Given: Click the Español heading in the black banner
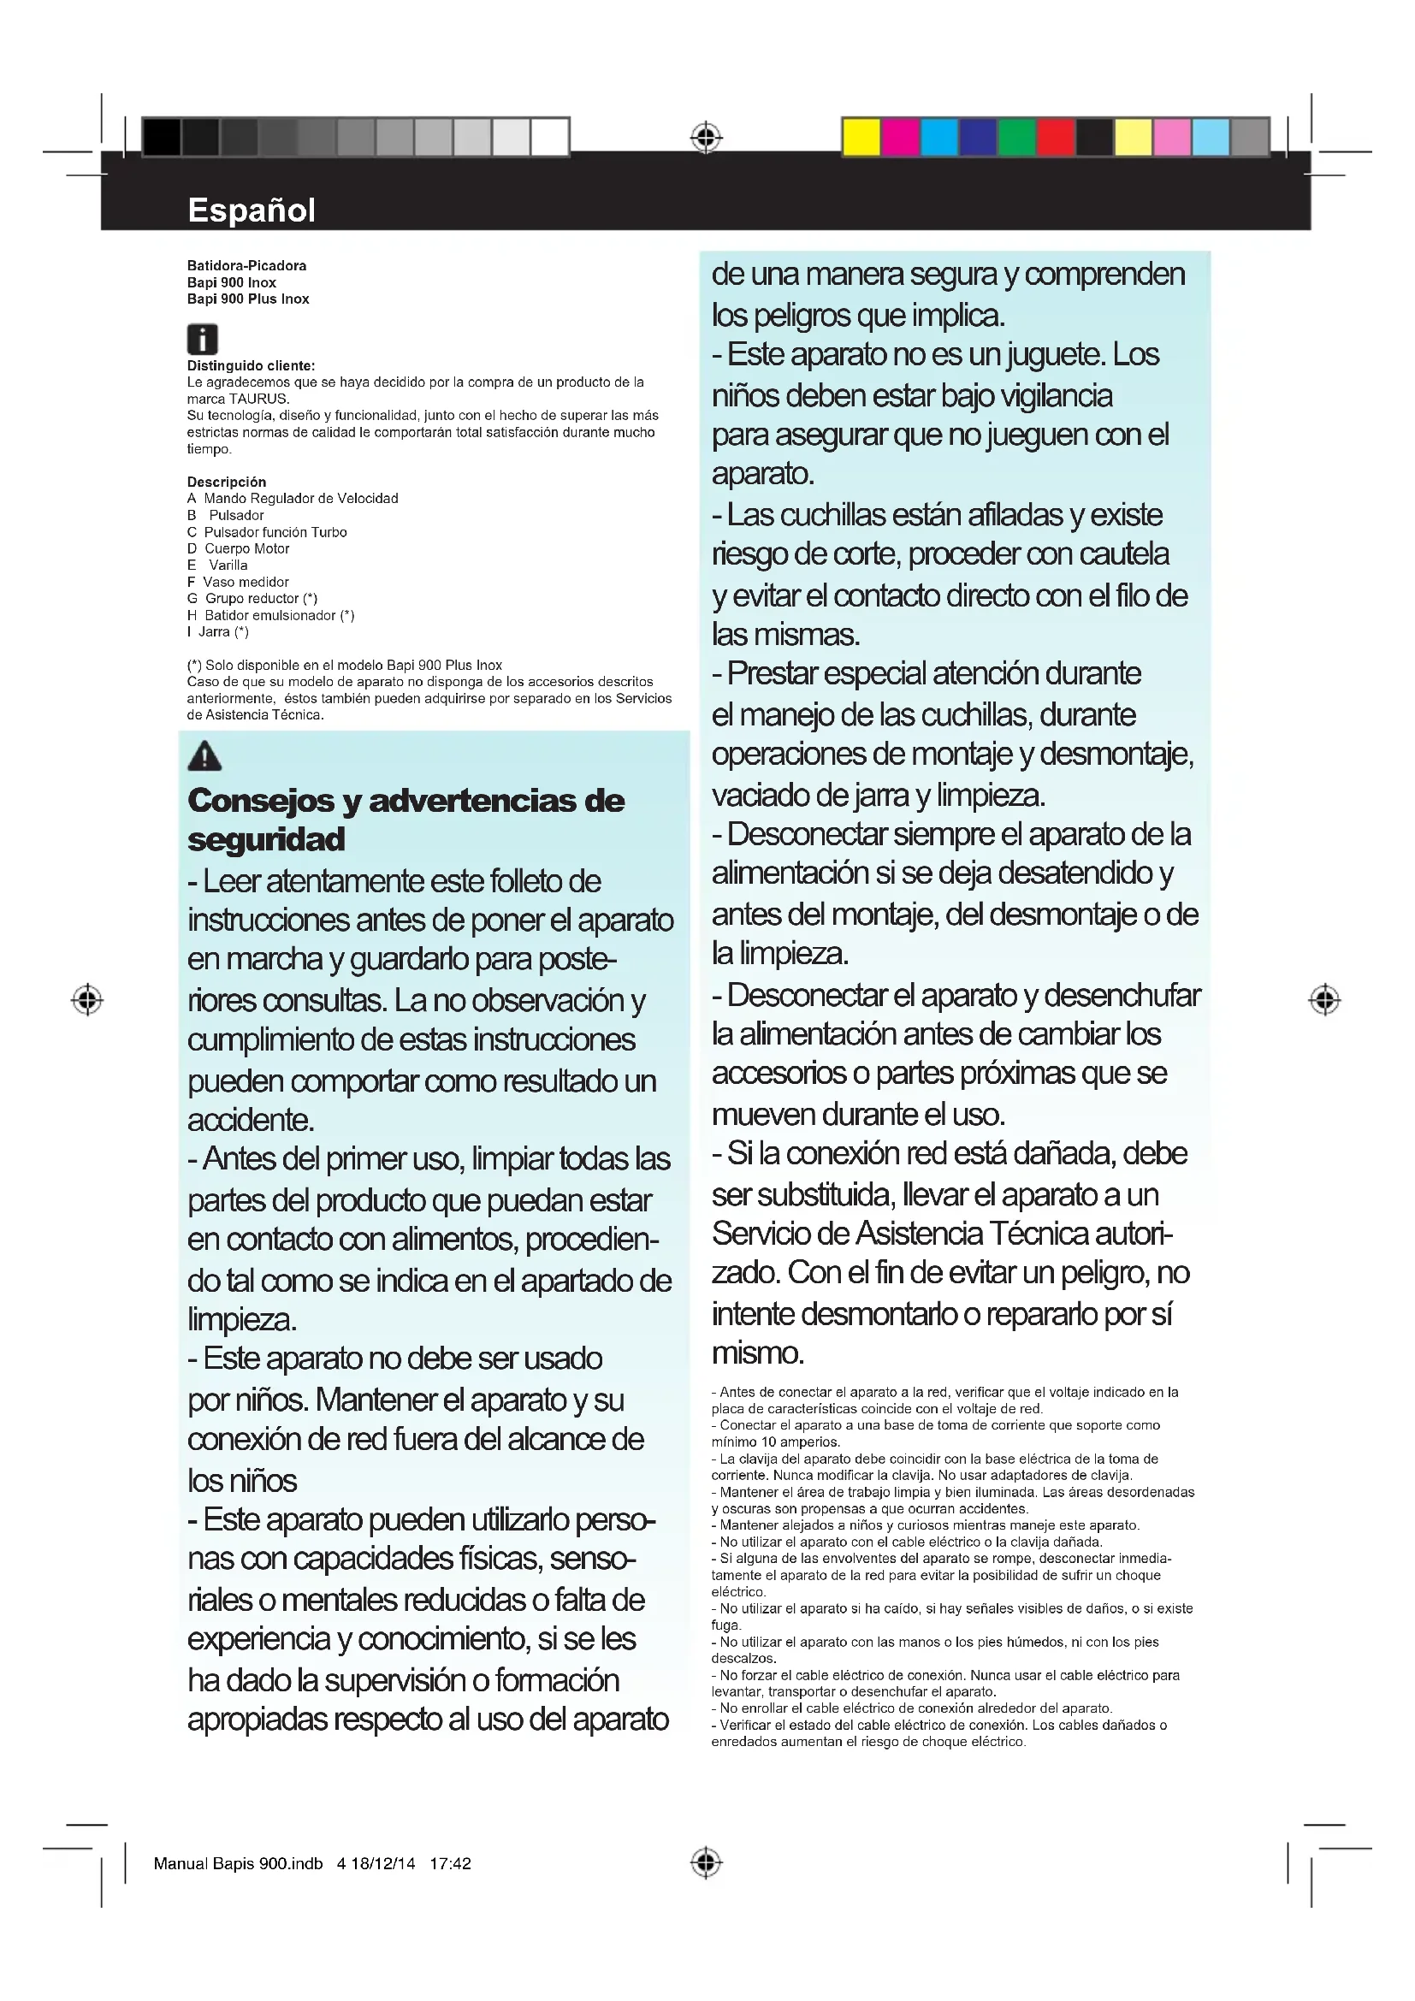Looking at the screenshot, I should pos(251,210).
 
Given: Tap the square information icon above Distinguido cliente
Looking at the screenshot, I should pos(202,338).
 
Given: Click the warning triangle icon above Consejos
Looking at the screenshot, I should pos(204,755).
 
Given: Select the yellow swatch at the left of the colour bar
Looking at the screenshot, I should pos(861,137).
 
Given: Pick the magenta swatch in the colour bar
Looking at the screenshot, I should pos(900,137).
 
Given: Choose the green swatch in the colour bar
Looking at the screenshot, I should pos(1017,137).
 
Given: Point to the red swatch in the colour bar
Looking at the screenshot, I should pos(1055,137).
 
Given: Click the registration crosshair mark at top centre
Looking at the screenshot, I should pos(707,137).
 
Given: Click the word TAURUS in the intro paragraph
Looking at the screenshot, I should pos(258,400).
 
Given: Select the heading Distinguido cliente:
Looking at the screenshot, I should pos(251,366).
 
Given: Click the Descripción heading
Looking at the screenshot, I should pos(227,482).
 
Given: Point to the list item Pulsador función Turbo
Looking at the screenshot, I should pos(275,531).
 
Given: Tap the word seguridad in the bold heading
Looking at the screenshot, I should pos(266,839).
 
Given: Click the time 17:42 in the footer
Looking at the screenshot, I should pos(450,1863).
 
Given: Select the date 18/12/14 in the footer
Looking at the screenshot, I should pos(382,1863).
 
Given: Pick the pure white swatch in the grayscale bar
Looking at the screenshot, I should pos(550,137).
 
